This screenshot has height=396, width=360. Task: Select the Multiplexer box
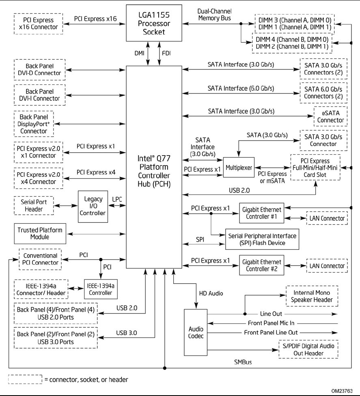click(239, 167)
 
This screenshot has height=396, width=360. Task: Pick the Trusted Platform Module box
click(39, 234)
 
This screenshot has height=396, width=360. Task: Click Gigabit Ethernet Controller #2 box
click(260, 266)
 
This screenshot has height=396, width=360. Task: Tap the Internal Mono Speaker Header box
click(312, 296)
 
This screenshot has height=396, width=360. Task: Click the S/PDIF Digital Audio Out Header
click(308, 349)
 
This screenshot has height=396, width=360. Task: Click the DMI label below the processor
click(140, 53)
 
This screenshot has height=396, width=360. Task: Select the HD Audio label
click(210, 292)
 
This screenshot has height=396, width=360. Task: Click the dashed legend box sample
click(25, 379)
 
